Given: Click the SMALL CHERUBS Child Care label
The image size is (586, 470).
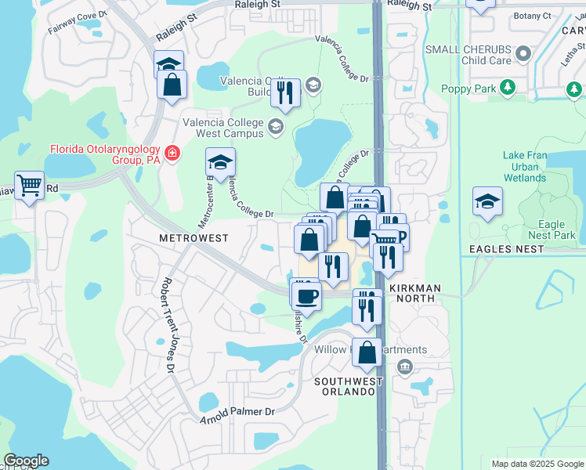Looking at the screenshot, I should click(x=468, y=55).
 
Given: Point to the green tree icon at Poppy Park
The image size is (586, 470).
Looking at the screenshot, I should click(x=508, y=88).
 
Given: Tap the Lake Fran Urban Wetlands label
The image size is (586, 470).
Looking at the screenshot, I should click(x=524, y=167).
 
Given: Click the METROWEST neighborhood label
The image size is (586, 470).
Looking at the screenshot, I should click(x=194, y=237).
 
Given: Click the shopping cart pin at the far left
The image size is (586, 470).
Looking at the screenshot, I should click(x=30, y=186).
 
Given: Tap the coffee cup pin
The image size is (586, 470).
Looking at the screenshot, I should click(x=306, y=295).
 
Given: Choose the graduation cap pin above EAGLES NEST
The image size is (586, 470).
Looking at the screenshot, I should click(x=487, y=201).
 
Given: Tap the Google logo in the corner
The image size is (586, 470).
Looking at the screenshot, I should click(x=26, y=461).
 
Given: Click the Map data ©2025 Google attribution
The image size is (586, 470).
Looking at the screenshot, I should click(x=537, y=464).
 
